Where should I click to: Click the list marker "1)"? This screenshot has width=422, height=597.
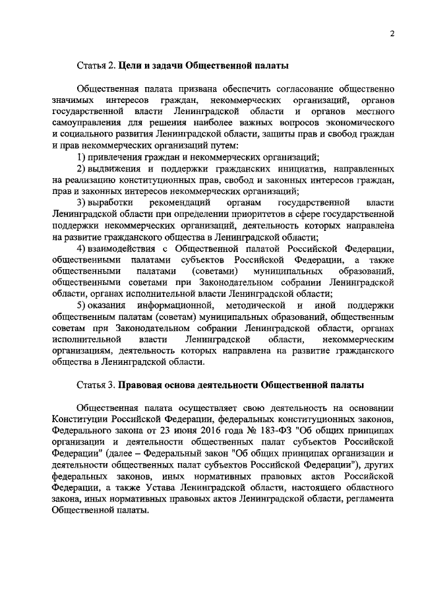[82, 156]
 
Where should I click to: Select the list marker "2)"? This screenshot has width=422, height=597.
[82, 168]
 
